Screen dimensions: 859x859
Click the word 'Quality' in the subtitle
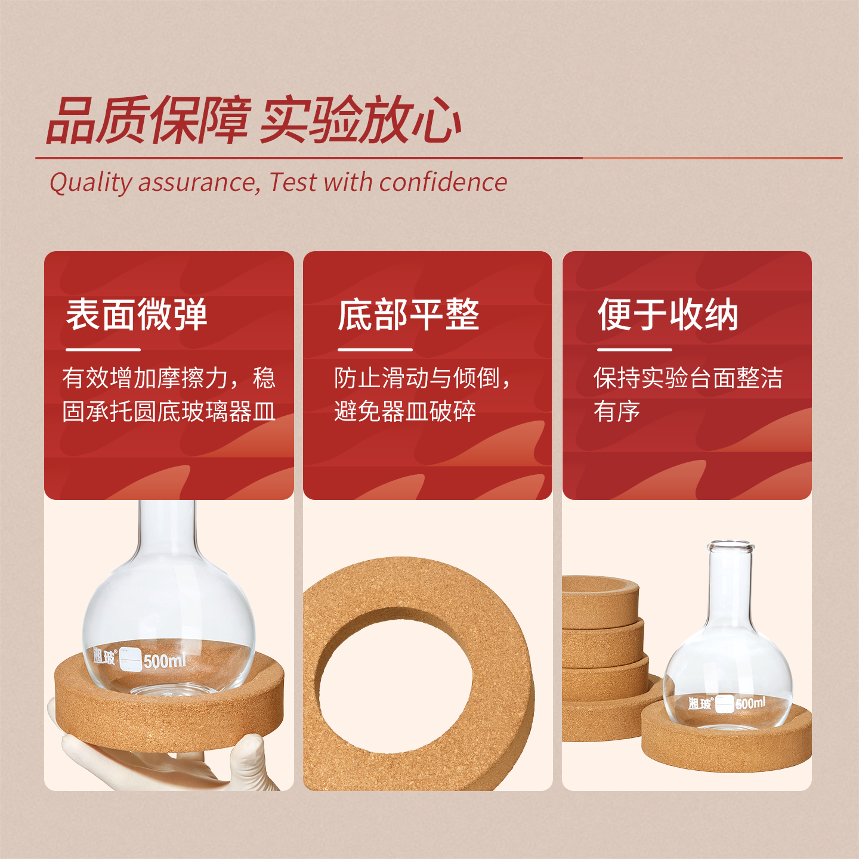(x=91, y=183)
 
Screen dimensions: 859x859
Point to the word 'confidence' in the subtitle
(x=443, y=183)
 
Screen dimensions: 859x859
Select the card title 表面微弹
(x=137, y=315)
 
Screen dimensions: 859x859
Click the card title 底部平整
(x=409, y=315)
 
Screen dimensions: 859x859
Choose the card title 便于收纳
(x=668, y=315)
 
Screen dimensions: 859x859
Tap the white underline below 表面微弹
(x=103, y=350)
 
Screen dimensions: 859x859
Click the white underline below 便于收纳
(x=634, y=350)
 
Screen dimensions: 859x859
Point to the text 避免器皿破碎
(x=405, y=411)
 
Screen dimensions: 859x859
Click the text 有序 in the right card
(x=617, y=411)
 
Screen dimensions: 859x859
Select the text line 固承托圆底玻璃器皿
(x=168, y=411)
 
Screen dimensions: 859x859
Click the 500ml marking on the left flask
(x=165, y=660)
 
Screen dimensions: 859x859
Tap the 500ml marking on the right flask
(x=750, y=703)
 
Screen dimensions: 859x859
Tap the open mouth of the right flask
(x=731, y=546)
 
